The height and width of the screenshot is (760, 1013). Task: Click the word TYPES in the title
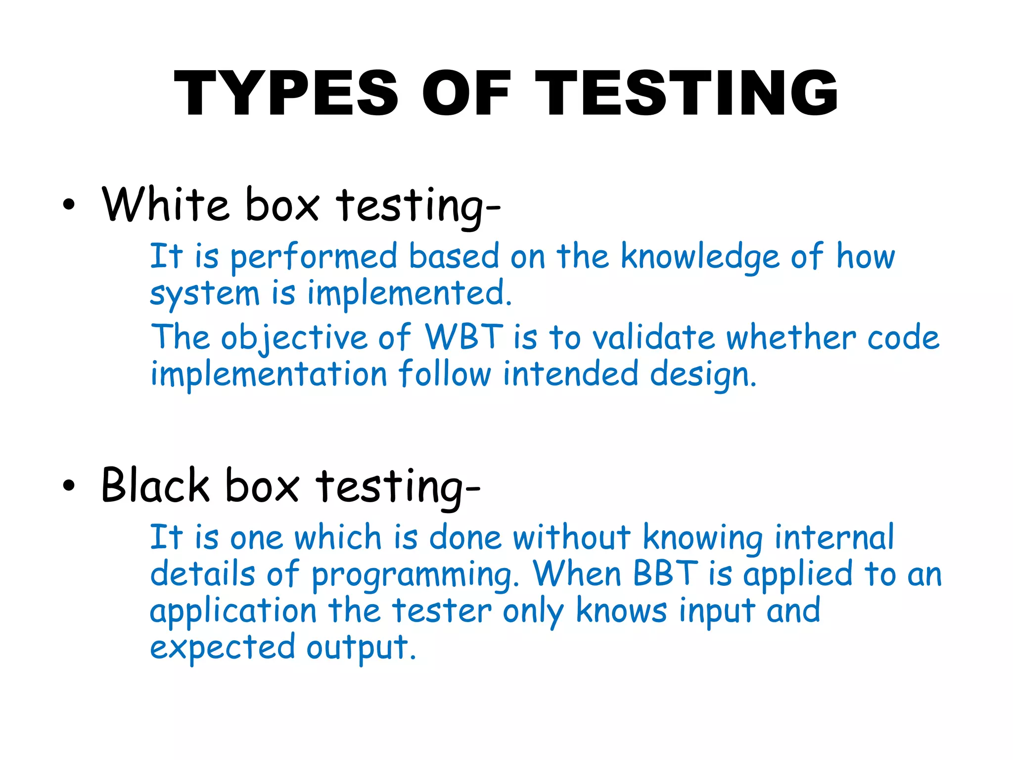[286, 93]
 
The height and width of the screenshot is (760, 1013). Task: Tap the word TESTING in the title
[686, 93]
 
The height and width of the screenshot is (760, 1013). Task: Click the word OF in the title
[466, 93]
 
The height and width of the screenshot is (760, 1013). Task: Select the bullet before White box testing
[69, 205]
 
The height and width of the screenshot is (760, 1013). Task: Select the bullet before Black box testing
[69, 486]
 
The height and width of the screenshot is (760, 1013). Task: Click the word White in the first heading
[165, 204]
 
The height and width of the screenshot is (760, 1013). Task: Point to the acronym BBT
[666, 574]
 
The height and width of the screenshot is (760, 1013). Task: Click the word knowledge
[700, 257]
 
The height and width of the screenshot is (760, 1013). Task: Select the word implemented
[409, 293]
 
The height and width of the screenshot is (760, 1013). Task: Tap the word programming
[414, 575]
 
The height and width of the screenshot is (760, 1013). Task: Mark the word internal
[834, 537]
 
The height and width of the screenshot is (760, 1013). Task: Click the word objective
[294, 338]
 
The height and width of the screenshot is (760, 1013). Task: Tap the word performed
[314, 257]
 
